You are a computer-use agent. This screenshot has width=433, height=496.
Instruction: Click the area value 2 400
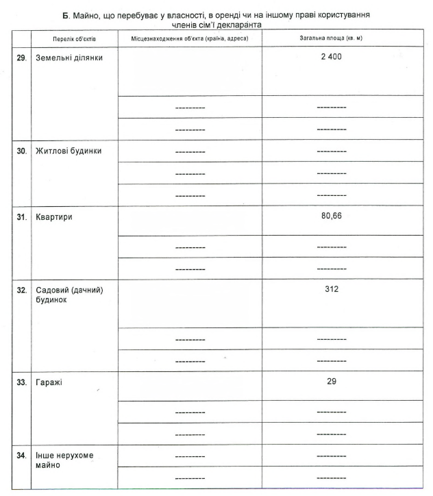tap(332, 57)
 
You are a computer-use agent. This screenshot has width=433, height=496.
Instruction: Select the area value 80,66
tap(332, 216)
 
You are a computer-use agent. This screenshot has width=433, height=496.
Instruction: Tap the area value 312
tap(332, 289)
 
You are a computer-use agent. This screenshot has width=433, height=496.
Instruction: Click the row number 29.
tap(21, 58)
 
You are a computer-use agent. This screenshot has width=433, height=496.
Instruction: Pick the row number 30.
tap(21, 151)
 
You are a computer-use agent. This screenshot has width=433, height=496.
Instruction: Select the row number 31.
tap(21, 217)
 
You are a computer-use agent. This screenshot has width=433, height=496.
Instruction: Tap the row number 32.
tap(21, 290)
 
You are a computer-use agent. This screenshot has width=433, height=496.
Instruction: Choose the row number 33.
tap(21, 382)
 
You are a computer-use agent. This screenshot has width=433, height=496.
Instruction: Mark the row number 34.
tap(21, 456)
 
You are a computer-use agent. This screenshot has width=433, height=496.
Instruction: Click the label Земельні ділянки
tap(69, 58)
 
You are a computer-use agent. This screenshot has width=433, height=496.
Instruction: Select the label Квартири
tap(54, 217)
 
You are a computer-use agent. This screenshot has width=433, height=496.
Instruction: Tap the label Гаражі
tap(49, 382)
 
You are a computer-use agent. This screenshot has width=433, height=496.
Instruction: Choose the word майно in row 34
tap(48, 466)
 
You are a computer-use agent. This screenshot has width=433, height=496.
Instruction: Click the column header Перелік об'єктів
tap(75, 38)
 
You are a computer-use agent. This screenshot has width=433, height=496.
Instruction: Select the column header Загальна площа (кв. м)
tap(331, 38)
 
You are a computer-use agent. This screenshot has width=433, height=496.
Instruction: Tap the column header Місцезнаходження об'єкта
tap(189, 38)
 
